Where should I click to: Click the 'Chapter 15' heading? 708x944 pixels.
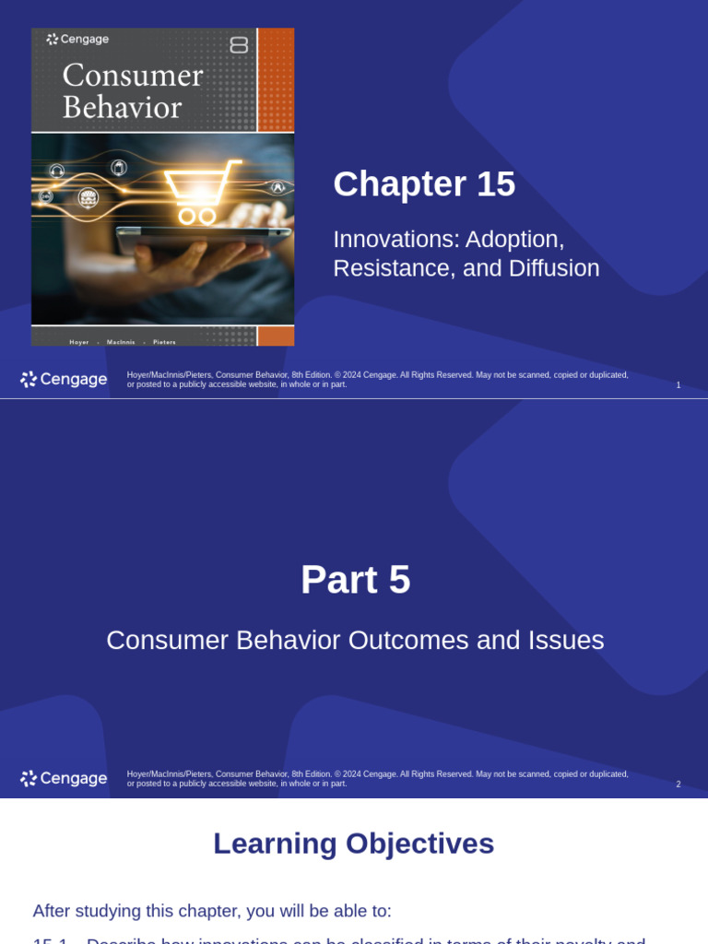[x=424, y=184]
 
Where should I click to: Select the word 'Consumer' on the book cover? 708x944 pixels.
[x=133, y=75]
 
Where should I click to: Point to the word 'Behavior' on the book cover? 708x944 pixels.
[x=122, y=108]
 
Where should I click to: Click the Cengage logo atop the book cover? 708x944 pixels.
[x=78, y=40]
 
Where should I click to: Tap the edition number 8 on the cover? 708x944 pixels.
[x=239, y=44]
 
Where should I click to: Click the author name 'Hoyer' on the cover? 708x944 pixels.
[x=79, y=342]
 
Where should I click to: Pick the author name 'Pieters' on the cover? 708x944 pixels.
[x=164, y=342]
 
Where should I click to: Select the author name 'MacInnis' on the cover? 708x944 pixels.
[x=121, y=342]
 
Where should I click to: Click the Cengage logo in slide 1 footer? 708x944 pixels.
[x=64, y=379]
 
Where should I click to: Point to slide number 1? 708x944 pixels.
[x=678, y=385]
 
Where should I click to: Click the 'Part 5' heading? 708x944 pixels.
[x=355, y=580]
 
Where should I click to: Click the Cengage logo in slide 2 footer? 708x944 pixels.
[x=64, y=779]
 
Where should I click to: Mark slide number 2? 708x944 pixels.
[x=678, y=785]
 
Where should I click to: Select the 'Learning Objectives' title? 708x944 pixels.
[x=354, y=844]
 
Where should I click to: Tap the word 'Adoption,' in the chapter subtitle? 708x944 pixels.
[x=514, y=239]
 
